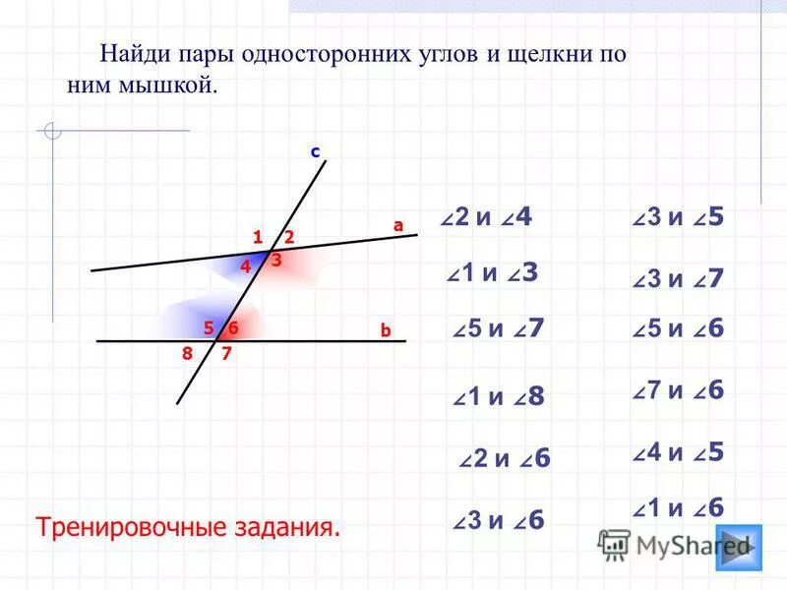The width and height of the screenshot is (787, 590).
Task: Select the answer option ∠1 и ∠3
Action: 492,273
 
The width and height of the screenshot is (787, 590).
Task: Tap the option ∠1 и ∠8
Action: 499,396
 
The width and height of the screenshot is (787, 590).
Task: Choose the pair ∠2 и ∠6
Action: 505,458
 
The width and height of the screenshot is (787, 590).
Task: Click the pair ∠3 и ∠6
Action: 499,521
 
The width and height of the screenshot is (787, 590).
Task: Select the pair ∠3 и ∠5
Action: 679,217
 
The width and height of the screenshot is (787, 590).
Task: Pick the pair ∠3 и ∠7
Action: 679,278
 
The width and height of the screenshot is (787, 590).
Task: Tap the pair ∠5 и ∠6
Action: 679,329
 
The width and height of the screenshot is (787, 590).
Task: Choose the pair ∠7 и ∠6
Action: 679,390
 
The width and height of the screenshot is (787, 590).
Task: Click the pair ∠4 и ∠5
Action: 679,452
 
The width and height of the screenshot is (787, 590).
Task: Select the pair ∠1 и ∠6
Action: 679,507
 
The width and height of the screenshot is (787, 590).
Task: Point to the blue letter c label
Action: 316,152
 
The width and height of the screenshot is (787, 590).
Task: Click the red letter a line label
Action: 398,225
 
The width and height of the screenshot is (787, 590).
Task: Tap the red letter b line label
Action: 386,331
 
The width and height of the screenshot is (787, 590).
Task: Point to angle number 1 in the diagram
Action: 257,237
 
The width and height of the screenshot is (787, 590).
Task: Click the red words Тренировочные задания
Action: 188,526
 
